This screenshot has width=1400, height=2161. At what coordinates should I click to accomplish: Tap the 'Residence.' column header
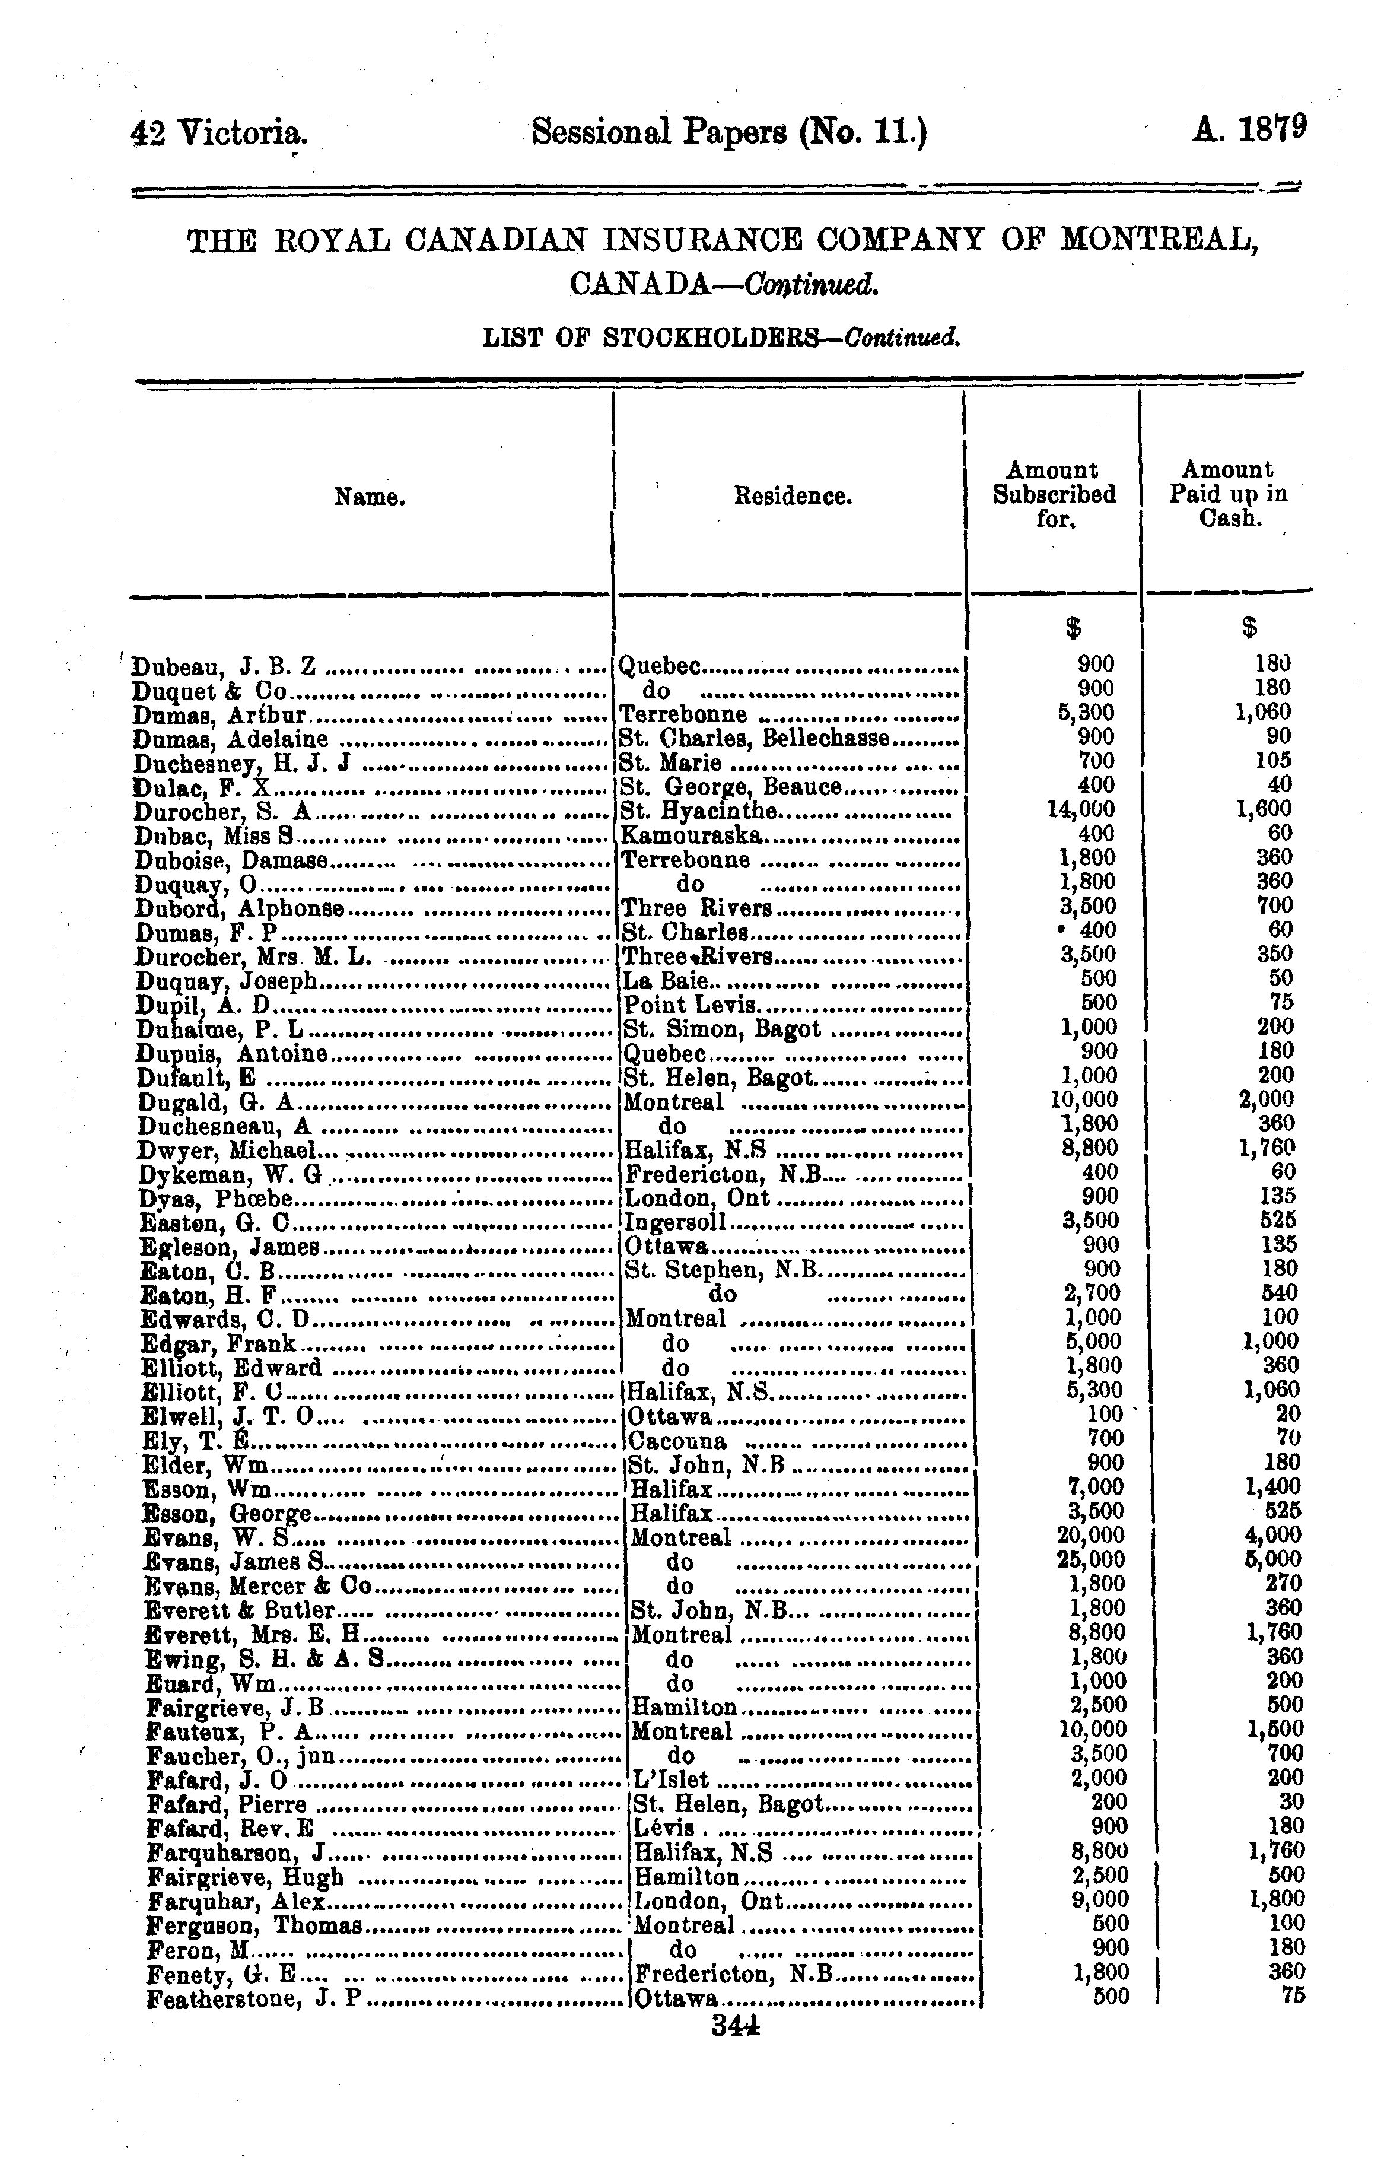[793, 497]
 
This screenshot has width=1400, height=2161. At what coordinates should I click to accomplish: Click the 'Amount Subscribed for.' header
[1053, 495]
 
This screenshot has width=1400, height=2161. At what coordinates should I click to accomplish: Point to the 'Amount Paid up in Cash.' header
[1227, 495]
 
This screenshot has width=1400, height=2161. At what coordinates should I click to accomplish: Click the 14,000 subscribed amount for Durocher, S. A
[1081, 809]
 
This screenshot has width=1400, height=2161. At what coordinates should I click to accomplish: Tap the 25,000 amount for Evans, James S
[1092, 1560]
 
